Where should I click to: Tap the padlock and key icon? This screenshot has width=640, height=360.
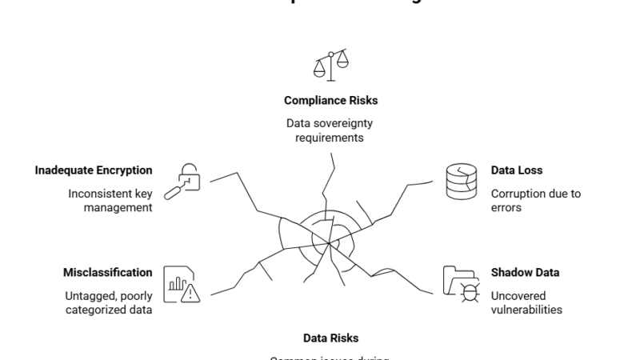tap(181, 181)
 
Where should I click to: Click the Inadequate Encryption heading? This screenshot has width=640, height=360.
tap(94, 170)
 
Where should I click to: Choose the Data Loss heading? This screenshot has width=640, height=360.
tap(516, 170)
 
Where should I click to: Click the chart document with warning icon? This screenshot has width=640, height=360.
tap(181, 283)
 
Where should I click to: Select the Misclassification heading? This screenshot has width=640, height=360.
tap(107, 273)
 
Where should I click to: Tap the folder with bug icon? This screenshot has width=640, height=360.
tap(462, 283)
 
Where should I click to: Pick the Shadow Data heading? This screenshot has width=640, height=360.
tap(525, 273)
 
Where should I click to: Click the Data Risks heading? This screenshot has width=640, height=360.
tap(330, 338)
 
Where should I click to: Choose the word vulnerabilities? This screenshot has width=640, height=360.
tap(528, 310)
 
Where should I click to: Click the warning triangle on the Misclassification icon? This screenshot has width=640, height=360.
tap(190, 294)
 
